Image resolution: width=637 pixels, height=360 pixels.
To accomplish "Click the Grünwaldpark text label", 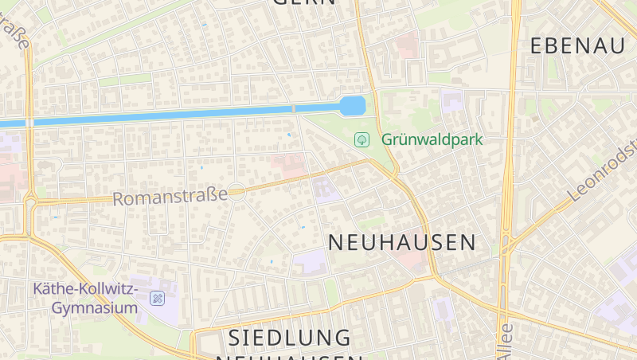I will tap(432, 139).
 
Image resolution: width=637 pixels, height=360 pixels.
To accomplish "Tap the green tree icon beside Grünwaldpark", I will tap(361, 139).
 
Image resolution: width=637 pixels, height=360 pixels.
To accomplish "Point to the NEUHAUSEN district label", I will tap(401, 242).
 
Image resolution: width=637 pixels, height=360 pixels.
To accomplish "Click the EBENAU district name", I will tap(577, 45).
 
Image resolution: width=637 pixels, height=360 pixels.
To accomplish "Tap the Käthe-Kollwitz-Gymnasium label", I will tap(85, 296).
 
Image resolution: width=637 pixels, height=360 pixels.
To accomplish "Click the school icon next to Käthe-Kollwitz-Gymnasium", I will tap(158, 299).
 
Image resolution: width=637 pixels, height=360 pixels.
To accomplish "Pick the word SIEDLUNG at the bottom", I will tap(289, 338).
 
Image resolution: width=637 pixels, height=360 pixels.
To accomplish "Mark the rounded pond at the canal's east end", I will tap(352, 106).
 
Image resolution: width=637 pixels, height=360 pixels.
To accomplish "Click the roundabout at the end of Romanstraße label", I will tap(236, 192).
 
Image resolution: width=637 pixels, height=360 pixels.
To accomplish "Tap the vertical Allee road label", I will tap(504, 340).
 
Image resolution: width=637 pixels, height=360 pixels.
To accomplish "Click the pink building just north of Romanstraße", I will tap(288, 166).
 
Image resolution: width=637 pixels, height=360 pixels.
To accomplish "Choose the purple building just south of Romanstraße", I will tap(325, 189).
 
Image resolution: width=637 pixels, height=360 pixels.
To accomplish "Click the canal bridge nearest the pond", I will tap(293, 109).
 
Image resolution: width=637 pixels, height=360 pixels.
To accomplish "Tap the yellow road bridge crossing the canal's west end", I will tap(29, 123).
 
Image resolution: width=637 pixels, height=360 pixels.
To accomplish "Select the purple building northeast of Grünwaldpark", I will tap(452, 101).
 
